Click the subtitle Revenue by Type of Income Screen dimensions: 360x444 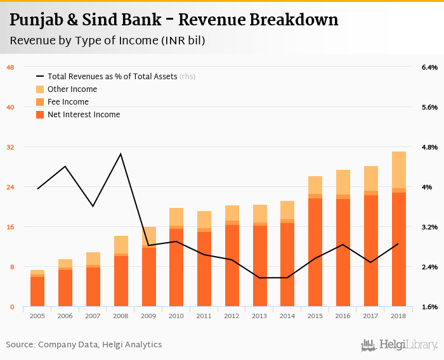[x=107, y=41]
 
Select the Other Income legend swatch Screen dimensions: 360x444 [x=41, y=89]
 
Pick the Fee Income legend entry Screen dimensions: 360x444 [x=67, y=102]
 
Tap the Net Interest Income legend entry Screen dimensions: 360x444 [x=83, y=115]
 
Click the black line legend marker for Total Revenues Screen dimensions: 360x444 [x=41, y=77]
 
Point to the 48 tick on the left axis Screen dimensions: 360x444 [x=10, y=67]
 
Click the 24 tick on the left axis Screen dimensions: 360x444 [x=10, y=187]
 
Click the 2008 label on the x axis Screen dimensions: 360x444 [x=121, y=315]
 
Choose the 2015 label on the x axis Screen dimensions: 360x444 [x=315, y=315]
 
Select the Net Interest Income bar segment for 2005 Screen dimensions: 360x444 [x=37, y=292]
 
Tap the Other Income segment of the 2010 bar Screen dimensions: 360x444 [x=176, y=217]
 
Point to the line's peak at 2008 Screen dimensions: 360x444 [x=121, y=154]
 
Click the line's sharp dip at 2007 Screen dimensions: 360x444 [x=93, y=206]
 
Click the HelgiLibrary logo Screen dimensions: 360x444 [x=400, y=345]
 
